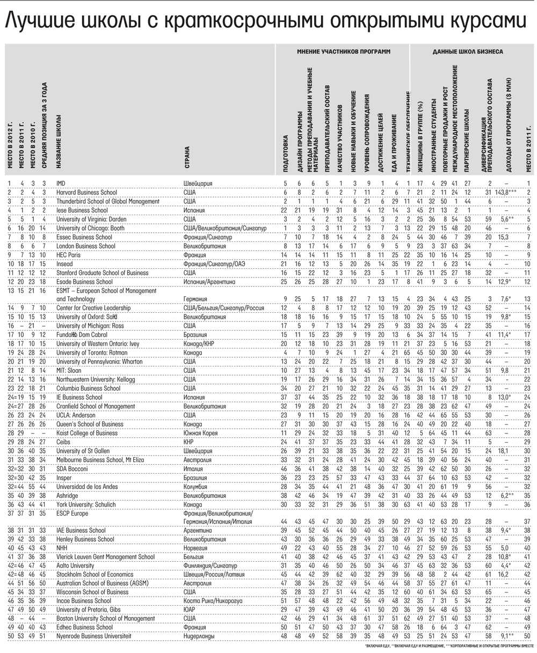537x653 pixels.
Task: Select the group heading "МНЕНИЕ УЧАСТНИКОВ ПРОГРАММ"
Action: point(344,52)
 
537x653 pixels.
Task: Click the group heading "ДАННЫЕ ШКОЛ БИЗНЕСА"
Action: point(468,52)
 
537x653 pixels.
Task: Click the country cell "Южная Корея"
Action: point(200,433)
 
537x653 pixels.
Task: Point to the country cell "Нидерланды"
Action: point(200,636)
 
